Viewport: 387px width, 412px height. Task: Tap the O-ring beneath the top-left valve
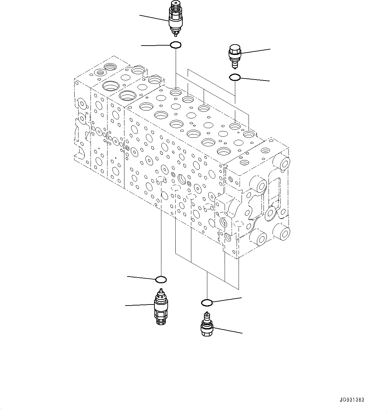click(x=175, y=45)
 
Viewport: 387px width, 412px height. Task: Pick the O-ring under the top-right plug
click(x=235, y=78)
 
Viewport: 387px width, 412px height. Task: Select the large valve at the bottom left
click(x=161, y=307)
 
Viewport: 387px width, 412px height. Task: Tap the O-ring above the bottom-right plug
click(x=207, y=303)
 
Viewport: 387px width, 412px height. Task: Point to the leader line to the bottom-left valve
click(x=140, y=305)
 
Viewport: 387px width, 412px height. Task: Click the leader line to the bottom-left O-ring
click(x=141, y=277)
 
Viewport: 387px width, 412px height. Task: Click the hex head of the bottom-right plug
click(x=207, y=331)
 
